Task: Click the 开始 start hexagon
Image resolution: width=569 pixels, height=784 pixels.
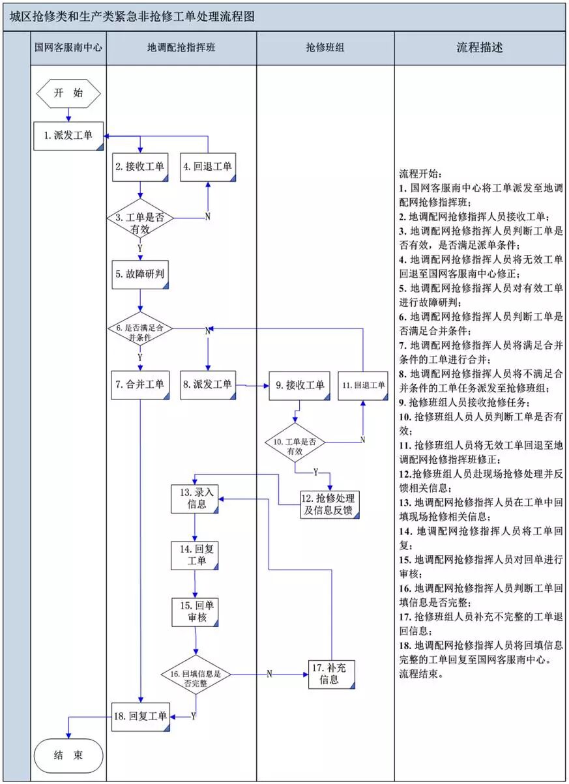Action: point(68,93)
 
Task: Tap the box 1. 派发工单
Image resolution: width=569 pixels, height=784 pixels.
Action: point(68,136)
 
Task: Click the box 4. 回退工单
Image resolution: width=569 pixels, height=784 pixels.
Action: point(208,167)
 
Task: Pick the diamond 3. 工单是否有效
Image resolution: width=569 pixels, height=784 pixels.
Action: point(140,218)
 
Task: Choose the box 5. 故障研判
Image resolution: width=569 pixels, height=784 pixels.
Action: point(140,275)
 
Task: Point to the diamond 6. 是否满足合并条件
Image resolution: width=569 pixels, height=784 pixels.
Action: point(140,328)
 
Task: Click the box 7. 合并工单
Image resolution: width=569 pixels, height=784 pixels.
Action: point(140,385)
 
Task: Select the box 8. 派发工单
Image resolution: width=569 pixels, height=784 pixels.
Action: point(208,385)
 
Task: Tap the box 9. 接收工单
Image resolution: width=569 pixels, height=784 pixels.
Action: point(300,386)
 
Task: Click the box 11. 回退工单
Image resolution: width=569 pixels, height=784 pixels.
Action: point(363,386)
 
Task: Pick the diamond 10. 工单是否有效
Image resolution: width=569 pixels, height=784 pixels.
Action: point(295,443)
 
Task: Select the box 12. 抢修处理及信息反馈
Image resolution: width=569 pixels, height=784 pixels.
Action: point(330,504)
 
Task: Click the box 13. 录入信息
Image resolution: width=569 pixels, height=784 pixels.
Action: point(195,499)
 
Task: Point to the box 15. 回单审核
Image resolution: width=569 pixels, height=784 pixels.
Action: point(195,612)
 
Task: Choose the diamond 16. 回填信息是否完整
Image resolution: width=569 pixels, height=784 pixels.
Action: point(196,675)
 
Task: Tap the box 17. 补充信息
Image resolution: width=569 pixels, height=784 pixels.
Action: point(331,675)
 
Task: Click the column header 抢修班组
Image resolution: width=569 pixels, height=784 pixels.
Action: point(325,48)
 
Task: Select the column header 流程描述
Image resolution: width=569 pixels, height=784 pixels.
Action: point(480,48)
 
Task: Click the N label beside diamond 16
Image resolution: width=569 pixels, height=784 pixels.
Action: point(269,674)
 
